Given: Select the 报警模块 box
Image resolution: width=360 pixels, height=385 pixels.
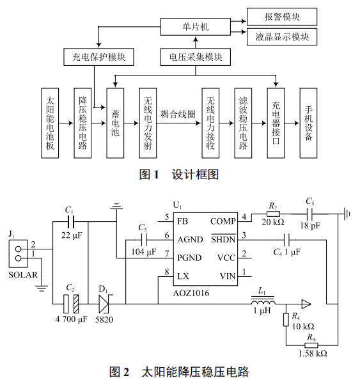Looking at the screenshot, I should [x=281, y=16].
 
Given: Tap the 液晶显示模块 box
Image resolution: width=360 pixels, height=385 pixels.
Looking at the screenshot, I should [x=281, y=38].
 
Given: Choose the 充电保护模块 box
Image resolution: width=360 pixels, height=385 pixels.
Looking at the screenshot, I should [x=98, y=58].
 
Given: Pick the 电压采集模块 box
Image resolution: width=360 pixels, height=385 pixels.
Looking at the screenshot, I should [x=196, y=58].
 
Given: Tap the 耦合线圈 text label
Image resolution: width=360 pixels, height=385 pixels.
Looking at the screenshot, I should [x=178, y=114].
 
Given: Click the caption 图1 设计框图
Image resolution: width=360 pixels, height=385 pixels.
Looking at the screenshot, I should [x=179, y=174].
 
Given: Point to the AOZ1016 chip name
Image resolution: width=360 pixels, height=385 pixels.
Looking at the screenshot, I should [x=191, y=293].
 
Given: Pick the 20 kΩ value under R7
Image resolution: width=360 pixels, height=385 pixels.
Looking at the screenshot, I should [x=272, y=223].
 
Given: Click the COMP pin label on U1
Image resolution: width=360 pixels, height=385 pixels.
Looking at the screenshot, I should [x=223, y=221].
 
